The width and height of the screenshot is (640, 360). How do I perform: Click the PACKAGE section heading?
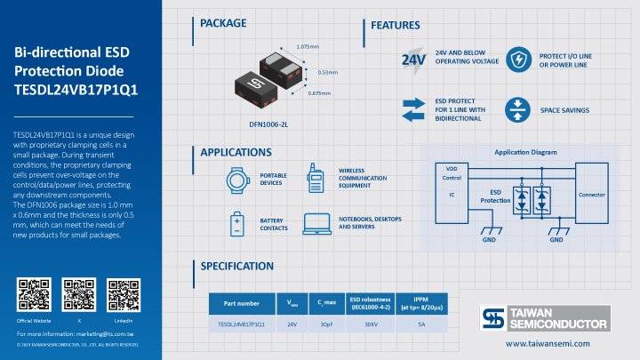[223, 23]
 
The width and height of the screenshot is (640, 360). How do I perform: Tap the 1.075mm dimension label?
[307, 45]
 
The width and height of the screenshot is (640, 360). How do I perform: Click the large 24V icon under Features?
[412, 60]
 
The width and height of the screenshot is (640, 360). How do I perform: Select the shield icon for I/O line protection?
[516, 60]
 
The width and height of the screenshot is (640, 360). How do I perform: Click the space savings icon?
[516, 109]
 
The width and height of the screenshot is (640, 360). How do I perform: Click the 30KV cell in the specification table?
[371, 324]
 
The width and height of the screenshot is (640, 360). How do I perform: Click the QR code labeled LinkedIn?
[124, 294]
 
